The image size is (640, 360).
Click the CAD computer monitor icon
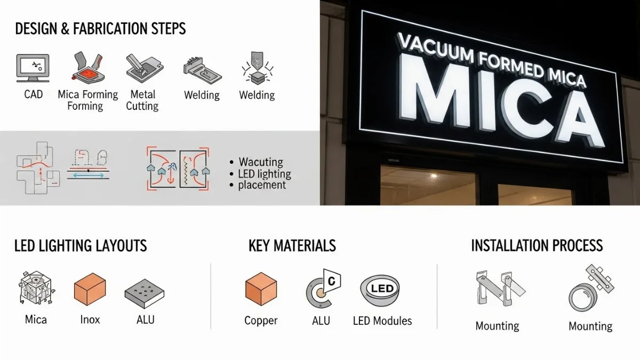pyautogui.click(x=33, y=68)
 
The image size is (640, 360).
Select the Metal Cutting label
pyautogui.click(x=142, y=100)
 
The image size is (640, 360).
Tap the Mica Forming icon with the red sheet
pyautogui.click(x=89, y=67)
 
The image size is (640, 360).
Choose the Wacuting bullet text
pyautogui.click(x=261, y=162)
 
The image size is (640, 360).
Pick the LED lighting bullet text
pyautogui.click(x=265, y=174)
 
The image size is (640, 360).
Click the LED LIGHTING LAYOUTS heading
pyautogui.click(x=81, y=246)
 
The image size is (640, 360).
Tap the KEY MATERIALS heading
pyautogui.click(x=292, y=246)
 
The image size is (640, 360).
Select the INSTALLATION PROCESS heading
pyautogui.click(x=537, y=245)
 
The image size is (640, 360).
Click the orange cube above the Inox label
pyautogui.click(x=90, y=289)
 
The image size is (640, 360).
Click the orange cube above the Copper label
pyautogui.click(x=261, y=289)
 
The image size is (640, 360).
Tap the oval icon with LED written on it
pyautogui.click(x=380, y=290)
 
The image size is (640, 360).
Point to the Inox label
pyautogui.click(x=90, y=319)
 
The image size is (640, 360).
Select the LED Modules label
pyautogui.click(x=382, y=321)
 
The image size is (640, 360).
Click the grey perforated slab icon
pyautogui.click(x=145, y=293)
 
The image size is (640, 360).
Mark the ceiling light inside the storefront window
pyautogui.click(x=434, y=175)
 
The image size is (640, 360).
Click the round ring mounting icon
pyautogui.click(x=582, y=298)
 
